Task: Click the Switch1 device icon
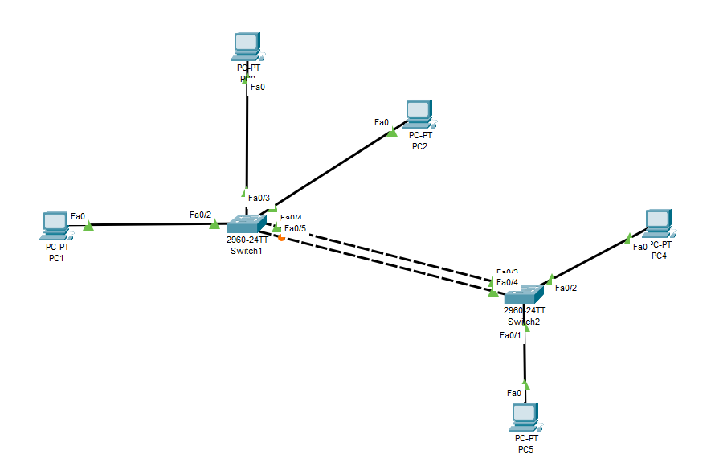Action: (246, 224)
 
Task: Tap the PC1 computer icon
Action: (55, 226)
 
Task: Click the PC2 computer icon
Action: (419, 115)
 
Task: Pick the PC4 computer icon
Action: (659, 223)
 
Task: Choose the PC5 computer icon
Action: (525, 416)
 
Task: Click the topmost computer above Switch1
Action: (246, 47)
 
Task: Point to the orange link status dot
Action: (281, 237)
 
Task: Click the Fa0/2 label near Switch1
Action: (200, 215)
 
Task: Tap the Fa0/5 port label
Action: (295, 229)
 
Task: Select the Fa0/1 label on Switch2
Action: (510, 335)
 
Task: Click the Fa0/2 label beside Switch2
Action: (566, 288)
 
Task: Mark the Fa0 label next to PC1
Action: (78, 216)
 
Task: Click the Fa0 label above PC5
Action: (514, 393)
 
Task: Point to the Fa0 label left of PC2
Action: (382, 122)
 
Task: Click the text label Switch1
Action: (246, 251)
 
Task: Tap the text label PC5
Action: (525, 449)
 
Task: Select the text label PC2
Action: (419, 146)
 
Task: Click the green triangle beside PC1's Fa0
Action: (88, 227)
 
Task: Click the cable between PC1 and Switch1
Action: (145, 225)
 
